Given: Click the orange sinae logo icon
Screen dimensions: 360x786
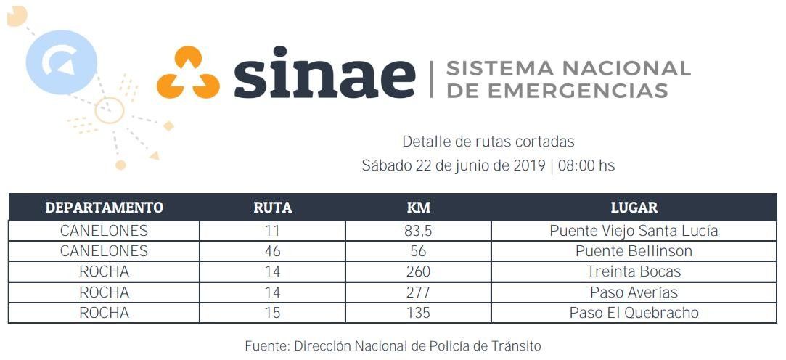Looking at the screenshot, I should coord(188,73).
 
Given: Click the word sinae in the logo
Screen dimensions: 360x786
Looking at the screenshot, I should coord(324,74).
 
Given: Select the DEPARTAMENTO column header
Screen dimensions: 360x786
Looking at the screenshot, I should coord(104,208).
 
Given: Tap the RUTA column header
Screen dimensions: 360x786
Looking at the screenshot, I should coord(272,208).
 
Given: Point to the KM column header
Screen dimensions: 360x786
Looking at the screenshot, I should coord(419,208).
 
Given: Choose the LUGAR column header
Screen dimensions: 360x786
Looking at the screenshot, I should coord(634,208).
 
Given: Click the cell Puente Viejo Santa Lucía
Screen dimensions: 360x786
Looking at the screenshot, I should coord(634,232).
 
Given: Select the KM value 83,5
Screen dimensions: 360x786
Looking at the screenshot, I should coord(419,232).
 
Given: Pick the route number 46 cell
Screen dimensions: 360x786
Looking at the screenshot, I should coord(272,251).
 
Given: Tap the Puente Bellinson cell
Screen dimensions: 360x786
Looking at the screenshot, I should coord(634,251).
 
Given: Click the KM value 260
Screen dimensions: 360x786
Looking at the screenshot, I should coord(419,271).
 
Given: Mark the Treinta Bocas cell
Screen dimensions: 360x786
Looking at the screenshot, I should coord(634,271).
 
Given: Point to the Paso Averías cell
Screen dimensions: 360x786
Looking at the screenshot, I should coord(634,292).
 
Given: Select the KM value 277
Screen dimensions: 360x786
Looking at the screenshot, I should coord(419,292).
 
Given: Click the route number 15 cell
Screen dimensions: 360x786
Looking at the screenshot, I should coord(272,313).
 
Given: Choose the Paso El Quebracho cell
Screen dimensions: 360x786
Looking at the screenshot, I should coord(634,313).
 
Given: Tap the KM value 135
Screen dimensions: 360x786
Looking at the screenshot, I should coord(419,313).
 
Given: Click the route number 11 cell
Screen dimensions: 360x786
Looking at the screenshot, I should coord(272,232).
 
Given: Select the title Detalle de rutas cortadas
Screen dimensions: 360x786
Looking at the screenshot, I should coord(488,142).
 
